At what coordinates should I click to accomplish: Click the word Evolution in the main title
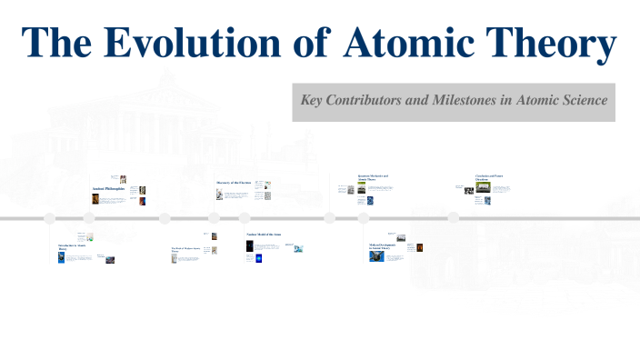[x=181, y=44]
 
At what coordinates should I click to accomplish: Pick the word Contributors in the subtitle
[x=370, y=100]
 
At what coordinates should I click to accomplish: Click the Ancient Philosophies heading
[x=109, y=189]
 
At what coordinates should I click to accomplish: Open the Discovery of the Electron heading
[x=233, y=183]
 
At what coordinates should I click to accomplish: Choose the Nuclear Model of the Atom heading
[x=264, y=235]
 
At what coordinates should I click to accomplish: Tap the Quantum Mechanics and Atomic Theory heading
[x=373, y=177]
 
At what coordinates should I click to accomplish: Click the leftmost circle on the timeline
[x=50, y=218]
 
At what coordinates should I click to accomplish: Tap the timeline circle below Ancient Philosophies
[x=89, y=218]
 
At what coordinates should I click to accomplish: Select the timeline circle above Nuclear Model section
[x=244, y=218]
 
